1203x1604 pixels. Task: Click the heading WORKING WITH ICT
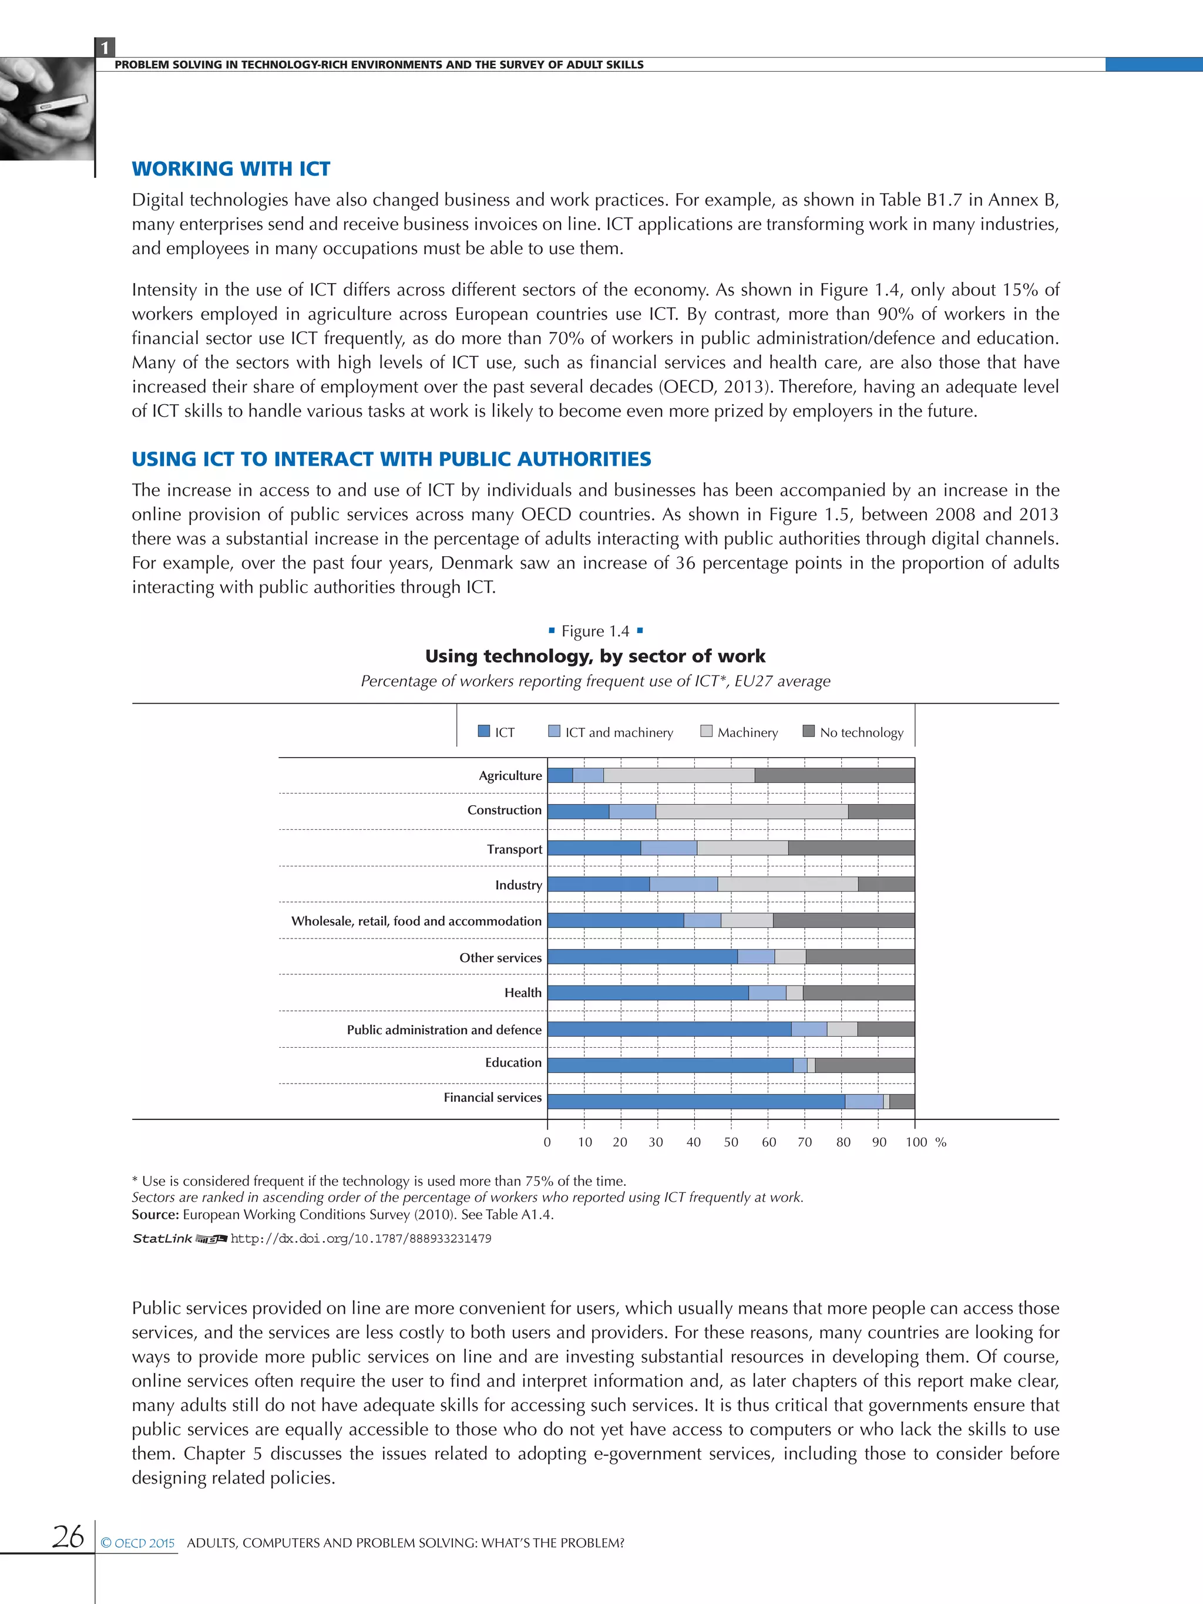231,169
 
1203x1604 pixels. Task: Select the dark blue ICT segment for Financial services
695,1101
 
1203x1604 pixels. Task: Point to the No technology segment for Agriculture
834,775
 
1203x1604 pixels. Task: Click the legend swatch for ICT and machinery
555,731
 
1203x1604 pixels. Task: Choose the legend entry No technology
861,732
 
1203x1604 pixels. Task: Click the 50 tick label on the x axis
731,1142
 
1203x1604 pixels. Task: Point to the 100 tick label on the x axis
916,1142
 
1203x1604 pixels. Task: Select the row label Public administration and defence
444,1030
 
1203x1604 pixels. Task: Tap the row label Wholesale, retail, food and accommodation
416,921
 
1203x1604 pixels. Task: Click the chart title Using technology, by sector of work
594,656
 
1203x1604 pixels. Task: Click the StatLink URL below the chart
361,1239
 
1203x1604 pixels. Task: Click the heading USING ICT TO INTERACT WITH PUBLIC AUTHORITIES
391,459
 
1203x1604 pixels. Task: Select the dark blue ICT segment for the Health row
647,993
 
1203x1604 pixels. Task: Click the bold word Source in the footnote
154,1215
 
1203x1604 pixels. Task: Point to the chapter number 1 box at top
105,48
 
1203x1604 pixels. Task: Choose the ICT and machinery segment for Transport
668,848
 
